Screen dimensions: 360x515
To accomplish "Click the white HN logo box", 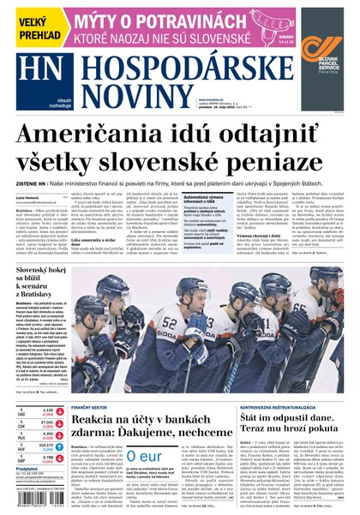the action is pos(40,80).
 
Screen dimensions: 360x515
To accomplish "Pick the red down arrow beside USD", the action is pos(59,411).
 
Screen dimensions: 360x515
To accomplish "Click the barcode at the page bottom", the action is pos(34,502).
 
